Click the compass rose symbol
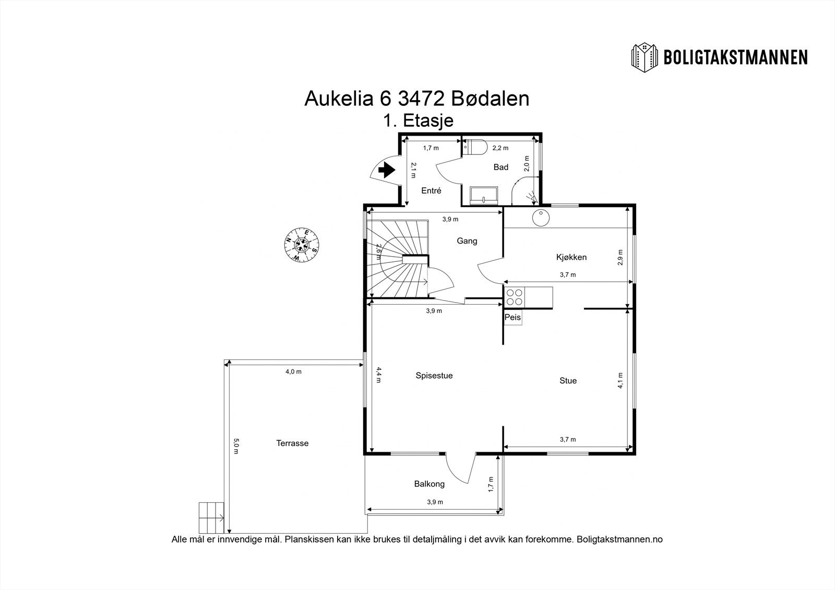301,245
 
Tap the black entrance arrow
387,170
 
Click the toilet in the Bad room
474,147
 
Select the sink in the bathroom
484,196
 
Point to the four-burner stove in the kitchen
515,297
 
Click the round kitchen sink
540,218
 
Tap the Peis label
512,317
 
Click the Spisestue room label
434,375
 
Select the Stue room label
568,380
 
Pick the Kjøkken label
571,257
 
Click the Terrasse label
292,443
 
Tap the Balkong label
430,484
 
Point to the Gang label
467,241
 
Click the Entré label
431,190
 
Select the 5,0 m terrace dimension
236,446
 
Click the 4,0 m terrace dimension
293,371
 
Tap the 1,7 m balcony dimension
491,484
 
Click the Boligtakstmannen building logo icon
645,57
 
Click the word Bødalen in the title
490,99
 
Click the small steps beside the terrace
211,517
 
